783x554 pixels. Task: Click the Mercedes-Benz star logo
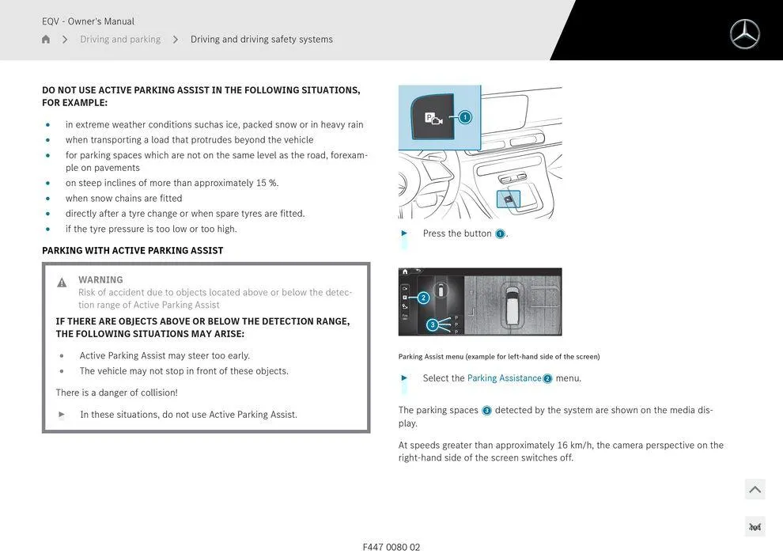[744, 34]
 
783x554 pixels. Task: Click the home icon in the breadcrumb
[46, 40]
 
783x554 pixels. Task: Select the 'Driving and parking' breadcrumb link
[120, 40]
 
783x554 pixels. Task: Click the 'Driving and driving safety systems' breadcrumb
[261, 40]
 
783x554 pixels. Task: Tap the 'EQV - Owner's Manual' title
[88, 21]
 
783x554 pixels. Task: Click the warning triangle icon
[62, 283]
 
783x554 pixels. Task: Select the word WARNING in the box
[100, 279]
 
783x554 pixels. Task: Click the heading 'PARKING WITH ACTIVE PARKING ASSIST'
[132, 251]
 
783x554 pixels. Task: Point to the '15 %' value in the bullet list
[267, 183]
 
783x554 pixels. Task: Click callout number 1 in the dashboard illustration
[465, 117]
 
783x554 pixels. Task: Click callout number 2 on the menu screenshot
[423, 298]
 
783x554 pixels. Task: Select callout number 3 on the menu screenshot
[432, 324]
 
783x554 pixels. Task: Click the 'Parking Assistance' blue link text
[504, 378]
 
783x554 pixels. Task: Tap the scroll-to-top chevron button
[755, 489]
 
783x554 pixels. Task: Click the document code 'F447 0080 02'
[391, 547]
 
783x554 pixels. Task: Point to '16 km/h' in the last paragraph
[575, 446]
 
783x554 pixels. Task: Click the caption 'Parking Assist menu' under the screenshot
[431, 357]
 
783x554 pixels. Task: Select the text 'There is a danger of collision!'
[116, 393]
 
